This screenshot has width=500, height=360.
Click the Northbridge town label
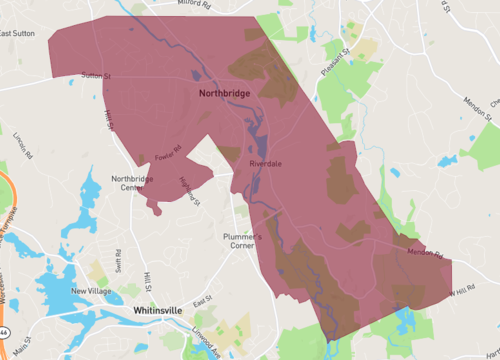(x=218, y=92)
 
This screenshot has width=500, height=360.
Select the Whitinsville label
(x=157, y=311)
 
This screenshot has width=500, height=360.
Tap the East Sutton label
(x=18, y=33)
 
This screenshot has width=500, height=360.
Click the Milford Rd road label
(x=195, y=4)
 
